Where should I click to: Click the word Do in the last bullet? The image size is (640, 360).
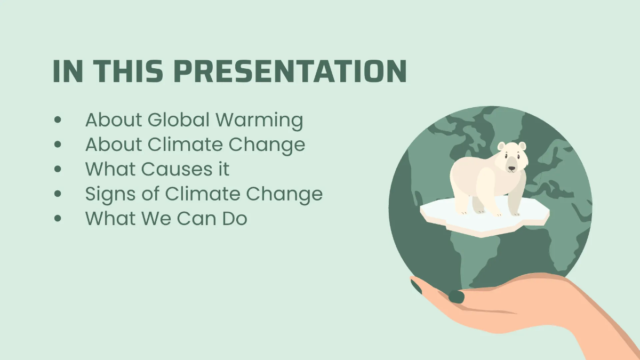(234, 218)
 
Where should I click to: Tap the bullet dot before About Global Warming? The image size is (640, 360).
(58, 120)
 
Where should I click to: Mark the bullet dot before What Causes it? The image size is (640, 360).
(58, 170)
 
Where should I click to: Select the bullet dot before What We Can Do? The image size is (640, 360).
(58, 219)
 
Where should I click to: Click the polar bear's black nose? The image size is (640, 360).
(511, 169)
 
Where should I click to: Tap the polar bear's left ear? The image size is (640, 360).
(501, 146)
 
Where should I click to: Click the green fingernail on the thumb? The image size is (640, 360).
(457, 297)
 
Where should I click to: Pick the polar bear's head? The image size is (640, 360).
(511, 158)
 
